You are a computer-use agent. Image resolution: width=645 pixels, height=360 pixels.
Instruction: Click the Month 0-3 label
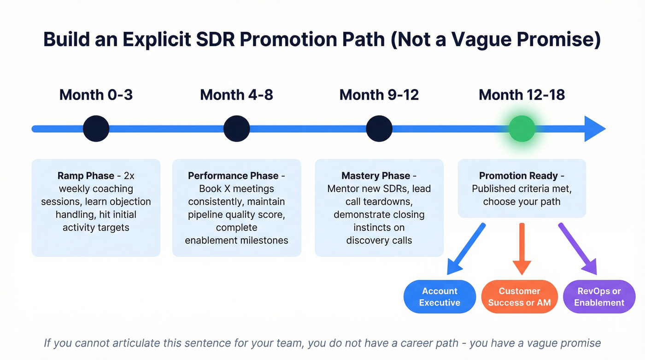tap(96, 95)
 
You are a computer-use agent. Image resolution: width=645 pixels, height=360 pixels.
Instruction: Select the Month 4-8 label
tap(236, 95)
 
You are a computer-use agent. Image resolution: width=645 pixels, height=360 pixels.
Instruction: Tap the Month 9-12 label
tap(379, 95)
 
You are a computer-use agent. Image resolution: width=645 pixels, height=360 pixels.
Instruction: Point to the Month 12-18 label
tap(522, 95)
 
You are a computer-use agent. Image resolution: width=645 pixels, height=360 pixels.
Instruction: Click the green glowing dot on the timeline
tap(522, 129)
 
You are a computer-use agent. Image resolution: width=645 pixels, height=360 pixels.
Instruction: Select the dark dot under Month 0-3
tap(96, 129)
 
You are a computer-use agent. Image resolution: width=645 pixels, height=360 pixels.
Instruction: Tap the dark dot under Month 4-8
tap(236, 129)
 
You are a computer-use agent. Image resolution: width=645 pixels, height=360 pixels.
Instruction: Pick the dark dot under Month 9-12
tap(379, 129)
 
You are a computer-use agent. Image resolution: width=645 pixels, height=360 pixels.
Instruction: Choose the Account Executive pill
tap(440, 297)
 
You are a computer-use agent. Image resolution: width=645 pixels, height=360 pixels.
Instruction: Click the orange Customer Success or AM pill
tap(519, 297)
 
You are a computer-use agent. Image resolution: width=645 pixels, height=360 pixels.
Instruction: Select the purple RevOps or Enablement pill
tap(599, 297)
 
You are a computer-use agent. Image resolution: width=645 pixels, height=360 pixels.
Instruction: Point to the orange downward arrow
tap(522, 249)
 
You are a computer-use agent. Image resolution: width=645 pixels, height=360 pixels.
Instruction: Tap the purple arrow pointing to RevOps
tap(579, 249)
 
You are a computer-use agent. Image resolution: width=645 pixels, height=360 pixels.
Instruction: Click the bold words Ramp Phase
tap(86, 176)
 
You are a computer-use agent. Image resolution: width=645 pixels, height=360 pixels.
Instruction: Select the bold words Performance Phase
tap(233, 176)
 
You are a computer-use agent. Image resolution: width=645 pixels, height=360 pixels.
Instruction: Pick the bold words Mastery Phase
tap(375, 176)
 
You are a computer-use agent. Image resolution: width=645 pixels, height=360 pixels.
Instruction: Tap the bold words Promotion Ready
tap(518, 176)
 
